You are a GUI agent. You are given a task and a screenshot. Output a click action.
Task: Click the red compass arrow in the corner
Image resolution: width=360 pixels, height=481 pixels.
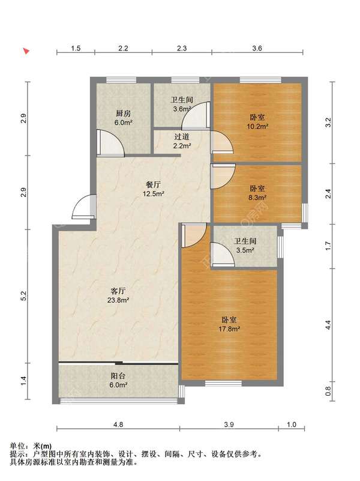tap(26, 51)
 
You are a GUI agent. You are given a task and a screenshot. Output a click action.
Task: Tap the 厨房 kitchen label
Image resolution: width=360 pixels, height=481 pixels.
tap(123, 113)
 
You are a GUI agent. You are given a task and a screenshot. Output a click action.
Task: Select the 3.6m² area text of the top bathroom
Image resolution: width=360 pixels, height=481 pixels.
tap(182, 109)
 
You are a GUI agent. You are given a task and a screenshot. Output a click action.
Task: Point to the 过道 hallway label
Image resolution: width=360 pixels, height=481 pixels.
tap(182, 137)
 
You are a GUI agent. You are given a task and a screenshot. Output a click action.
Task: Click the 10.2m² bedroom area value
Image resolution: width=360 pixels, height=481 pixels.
tap(257, 126)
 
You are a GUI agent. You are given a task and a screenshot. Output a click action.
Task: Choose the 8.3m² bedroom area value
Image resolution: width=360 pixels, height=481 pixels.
tap(257, 198)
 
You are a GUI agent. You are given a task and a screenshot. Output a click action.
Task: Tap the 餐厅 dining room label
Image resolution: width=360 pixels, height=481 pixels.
tap(153, 185)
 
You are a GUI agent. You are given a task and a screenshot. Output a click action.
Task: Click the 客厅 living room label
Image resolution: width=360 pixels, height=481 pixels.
tap(118, 291)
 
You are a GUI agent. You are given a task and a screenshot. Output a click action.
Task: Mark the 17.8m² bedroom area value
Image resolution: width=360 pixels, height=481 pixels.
tap(229, 329)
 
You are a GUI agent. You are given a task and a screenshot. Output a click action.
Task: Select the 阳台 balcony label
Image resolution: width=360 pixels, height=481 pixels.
tap(118, 376)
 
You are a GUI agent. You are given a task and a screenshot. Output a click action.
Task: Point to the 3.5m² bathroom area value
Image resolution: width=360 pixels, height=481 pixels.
tap(245, 250)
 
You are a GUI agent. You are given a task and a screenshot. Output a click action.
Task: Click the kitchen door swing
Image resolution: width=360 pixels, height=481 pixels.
tap(110, 144)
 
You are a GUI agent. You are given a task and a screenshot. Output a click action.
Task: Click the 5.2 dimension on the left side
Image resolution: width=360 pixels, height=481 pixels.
tap(24, 296)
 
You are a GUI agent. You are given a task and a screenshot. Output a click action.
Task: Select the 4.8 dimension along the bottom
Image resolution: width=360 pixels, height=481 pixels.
tap(118, 425)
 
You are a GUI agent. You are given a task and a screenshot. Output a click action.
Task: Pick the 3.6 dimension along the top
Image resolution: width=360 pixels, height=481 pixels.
tap(257, 48)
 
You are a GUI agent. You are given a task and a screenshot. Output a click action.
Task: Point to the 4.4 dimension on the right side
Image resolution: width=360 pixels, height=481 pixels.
tap(328, 325)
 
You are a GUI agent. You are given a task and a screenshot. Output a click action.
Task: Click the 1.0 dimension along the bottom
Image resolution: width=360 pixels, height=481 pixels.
tap(292, 425)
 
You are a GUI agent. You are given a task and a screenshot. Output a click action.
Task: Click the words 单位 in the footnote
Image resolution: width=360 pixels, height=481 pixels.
tap(17, 446)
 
